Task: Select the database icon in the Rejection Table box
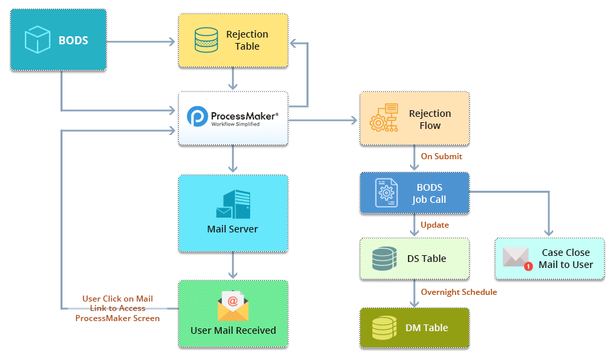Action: click(x=205, y=40)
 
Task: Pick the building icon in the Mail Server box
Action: click(x=233, y=204)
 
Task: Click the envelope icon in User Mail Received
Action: click(x=233, y=306)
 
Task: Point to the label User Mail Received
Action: click(x=233, y=330)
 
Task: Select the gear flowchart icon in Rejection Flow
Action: click(x=384, y=119)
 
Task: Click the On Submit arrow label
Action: click(x=440, y=156)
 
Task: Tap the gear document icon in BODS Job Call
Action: click(x=384, y=193)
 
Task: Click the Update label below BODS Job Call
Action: click(x=434, y=226)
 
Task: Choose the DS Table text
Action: click(x=427, y=258)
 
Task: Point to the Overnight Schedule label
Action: click(x=458, y=292)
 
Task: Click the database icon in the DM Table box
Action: click(x=384, y=328)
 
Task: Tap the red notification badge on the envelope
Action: click(x=528, y=266)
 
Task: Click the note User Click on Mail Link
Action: click(x=118, y=308)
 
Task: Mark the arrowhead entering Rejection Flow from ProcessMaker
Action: click(x=354, y=120)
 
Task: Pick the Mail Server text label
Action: click(x=233, y=229)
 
